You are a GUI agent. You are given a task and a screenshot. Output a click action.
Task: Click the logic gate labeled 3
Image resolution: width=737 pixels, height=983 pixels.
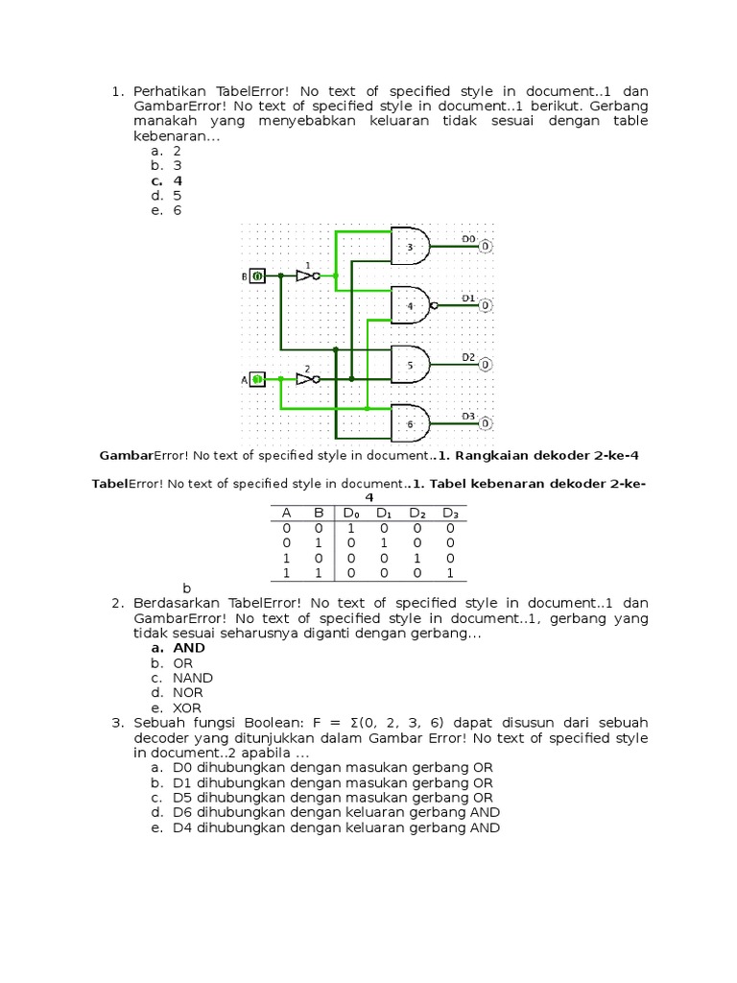tap(409, 246)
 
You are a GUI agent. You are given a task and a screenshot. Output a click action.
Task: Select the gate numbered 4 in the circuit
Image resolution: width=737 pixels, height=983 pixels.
tap(409, 305)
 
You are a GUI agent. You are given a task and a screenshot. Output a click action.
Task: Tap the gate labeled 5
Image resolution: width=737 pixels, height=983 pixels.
tap(409, 364)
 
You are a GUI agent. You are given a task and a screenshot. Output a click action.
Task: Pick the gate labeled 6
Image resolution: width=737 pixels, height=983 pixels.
tap(409, 422)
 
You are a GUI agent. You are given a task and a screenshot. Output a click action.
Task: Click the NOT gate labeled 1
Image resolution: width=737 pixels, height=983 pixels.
tap(306, 276)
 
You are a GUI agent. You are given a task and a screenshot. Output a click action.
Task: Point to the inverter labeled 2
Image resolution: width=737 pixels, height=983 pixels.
tap(306, 379)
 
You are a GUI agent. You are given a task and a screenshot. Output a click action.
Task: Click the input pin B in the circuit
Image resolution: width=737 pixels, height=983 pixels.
tap(257, 276)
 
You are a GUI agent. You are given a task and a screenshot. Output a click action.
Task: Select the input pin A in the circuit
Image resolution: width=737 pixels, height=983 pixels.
tap(257, 379)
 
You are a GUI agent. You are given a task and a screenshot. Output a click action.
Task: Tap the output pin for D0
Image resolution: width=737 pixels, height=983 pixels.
tap(486, 247)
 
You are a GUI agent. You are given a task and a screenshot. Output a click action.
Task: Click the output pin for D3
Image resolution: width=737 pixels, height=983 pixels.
tap(486, 423)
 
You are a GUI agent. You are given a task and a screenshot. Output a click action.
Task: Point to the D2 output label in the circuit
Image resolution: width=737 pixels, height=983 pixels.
tap(468, 356)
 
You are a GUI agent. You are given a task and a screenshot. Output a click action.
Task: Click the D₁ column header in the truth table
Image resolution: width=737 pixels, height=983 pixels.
tap(385, 514)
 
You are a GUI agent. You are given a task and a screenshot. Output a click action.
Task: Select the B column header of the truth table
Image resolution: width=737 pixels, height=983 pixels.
tap(319, 514)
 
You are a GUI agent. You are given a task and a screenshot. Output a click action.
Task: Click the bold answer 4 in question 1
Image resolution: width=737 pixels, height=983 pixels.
tap(178, 180)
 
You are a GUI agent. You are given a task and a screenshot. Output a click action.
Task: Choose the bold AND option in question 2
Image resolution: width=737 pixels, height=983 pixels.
tap(189, 648)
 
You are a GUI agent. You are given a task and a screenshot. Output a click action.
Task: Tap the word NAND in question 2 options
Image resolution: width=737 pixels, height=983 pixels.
tap(193, 678)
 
